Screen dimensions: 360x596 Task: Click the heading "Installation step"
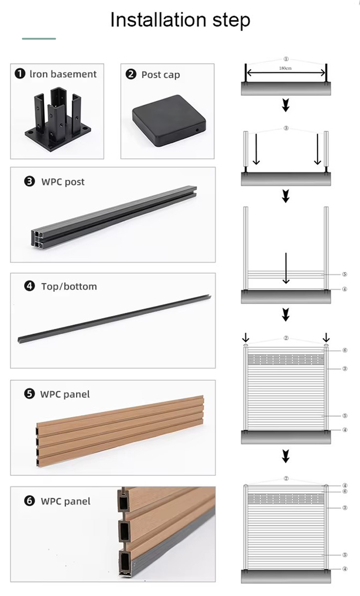pos(180,20)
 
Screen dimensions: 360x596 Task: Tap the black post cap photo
pos(169,120)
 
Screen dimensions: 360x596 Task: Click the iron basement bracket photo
pos(58,119)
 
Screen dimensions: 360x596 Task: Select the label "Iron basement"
pos(63,74)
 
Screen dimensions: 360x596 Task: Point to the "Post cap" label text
pos(160,75)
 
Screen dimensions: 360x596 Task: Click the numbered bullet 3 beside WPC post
pos(29,181)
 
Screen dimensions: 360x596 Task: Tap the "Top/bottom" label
pos(69,286)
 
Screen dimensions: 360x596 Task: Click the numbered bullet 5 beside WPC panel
pos(29,394)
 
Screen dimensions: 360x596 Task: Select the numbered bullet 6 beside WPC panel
pos(29,501)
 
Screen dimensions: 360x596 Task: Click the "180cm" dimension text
pos(285,68)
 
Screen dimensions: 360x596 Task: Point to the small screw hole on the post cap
pos(197,130)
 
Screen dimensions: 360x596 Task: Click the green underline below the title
pos(39,39)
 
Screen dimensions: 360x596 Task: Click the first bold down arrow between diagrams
pos(286,105)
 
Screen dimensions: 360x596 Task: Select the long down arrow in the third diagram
pos(286,268)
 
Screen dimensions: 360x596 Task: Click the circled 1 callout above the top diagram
pos(286,59)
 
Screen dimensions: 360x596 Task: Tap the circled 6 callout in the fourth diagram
pos(345,350)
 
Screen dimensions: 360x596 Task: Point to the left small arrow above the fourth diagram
pos(246,337)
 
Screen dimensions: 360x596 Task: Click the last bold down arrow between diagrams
pos(286,456)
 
